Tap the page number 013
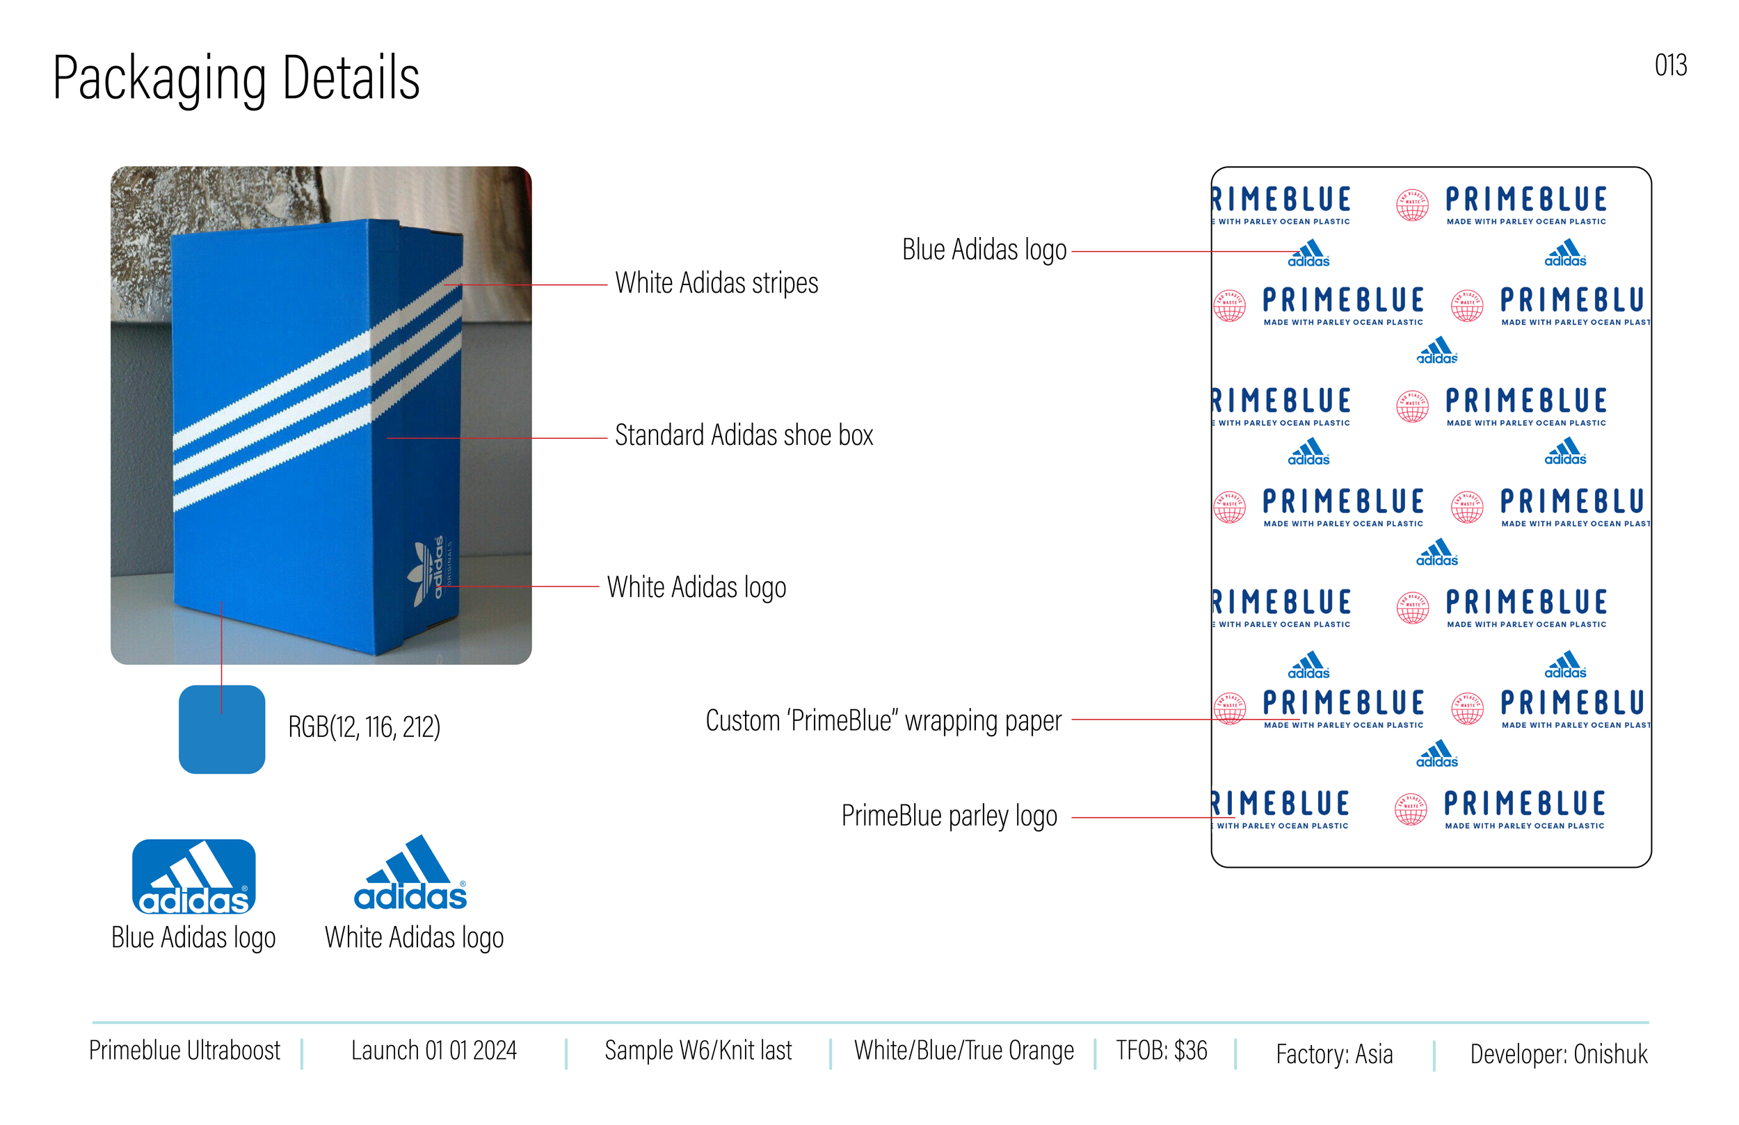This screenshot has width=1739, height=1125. click(x=1670, y=66)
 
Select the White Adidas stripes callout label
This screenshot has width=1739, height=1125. click(x=716, y=284)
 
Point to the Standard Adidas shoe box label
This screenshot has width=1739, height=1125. click(x=744, y=435)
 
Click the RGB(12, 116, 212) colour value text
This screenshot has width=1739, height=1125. click(x=364, y=727)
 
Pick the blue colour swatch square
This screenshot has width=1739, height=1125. click(x=221, y=729)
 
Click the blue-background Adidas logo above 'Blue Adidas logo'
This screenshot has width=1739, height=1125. click(x=193, y=877)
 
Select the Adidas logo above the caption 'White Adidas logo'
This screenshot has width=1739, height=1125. click(x=410, y=875)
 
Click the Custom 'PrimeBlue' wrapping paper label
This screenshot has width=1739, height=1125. click(x=883, y=721)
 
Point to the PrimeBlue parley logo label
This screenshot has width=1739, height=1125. click(x=948, y=816)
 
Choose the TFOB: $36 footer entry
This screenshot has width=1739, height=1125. click(x=1161, y=1051)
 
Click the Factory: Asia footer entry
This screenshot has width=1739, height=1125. click(x=1334, y=1054)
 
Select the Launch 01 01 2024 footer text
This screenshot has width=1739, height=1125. click(x=433, y=1051)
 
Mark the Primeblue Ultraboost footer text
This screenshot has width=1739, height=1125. click(x=184, y=1051)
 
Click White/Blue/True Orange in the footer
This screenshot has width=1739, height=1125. click(x=964, y=1051)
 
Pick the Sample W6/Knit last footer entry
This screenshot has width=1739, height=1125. click(x=698, y=1051)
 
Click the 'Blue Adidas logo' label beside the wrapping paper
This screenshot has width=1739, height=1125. click(x=984, y=250)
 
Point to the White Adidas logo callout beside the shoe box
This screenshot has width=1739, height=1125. click(x=696, y=588)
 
